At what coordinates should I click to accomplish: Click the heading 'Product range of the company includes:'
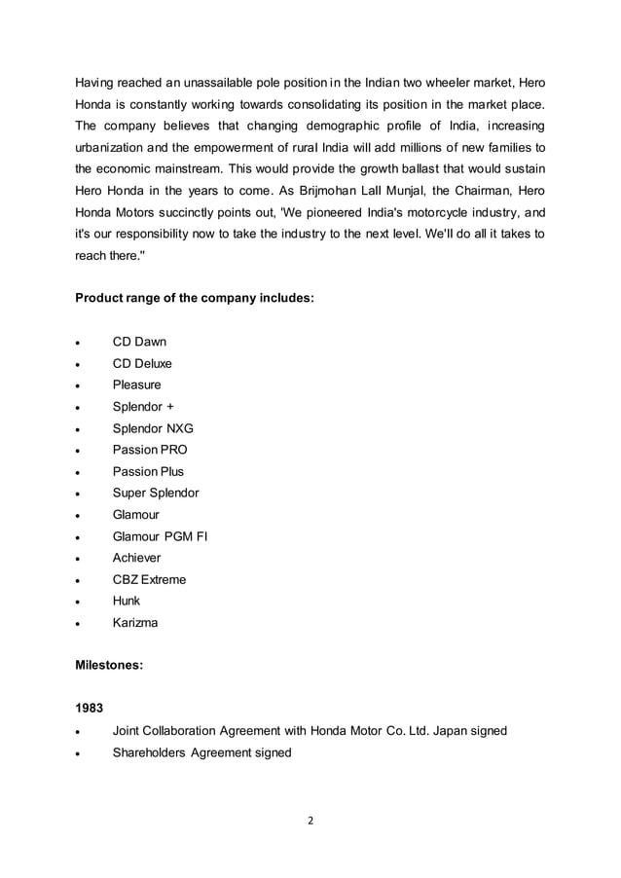[195, 297]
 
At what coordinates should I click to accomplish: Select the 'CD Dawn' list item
[139, 342]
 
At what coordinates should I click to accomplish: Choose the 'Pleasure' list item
[137, 384]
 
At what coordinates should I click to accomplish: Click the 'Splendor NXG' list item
[153, 428]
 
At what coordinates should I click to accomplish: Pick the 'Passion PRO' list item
[150, 450]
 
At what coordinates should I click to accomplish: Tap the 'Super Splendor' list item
[156, 493]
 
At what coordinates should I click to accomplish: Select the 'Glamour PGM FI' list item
[160, 536]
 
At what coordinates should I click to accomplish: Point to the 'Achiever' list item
[137, 558]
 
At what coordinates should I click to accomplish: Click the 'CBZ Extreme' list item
[149, 579]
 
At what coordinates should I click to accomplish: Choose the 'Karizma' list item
[135, 622]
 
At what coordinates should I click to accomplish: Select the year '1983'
[91, 709]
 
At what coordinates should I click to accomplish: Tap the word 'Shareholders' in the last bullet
[149, 752]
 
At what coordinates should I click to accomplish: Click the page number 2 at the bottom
[310, 821]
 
